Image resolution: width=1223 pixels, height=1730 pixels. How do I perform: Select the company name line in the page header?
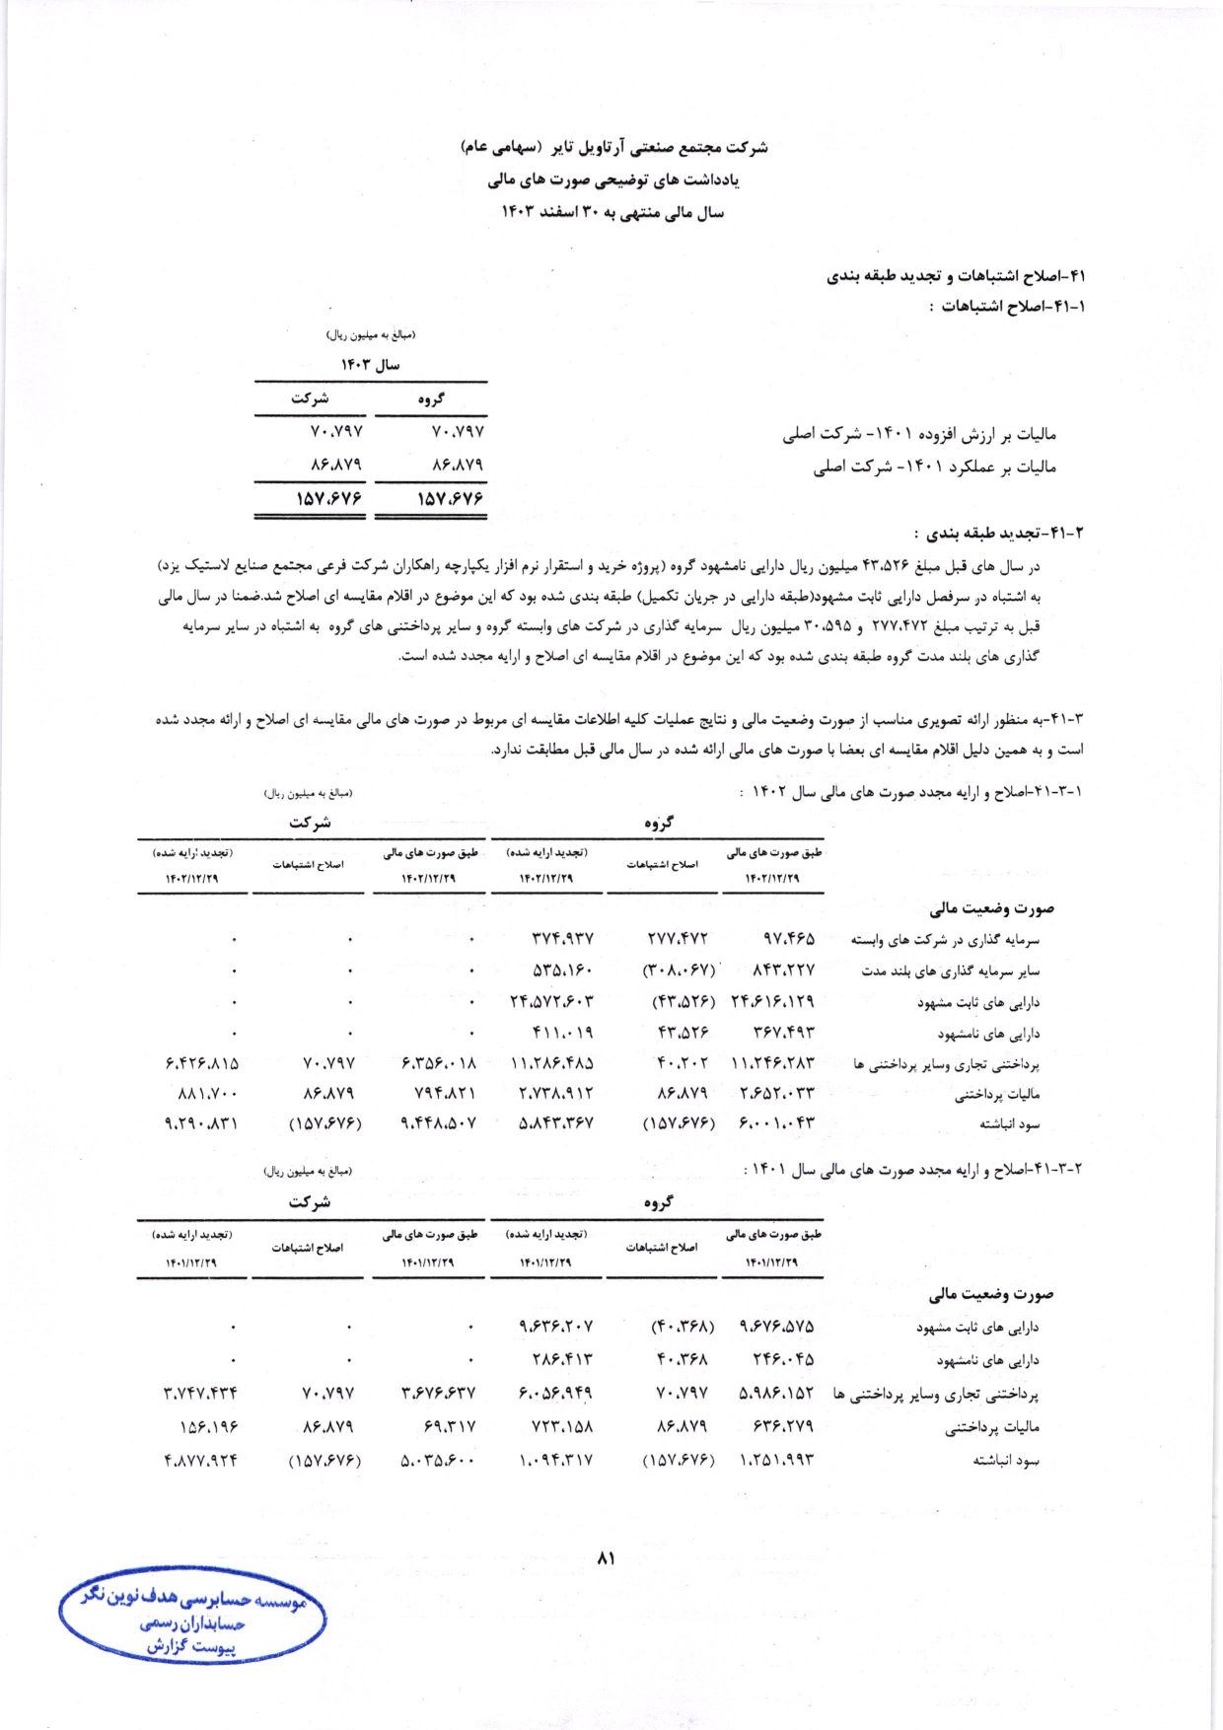613,148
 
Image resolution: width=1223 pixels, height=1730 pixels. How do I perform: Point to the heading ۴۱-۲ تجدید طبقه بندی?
998,533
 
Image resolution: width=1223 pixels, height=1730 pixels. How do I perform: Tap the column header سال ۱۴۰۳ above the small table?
371,365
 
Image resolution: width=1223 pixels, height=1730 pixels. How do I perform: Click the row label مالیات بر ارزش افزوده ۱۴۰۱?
919,434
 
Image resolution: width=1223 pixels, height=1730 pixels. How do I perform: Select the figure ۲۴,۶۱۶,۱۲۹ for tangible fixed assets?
772,1002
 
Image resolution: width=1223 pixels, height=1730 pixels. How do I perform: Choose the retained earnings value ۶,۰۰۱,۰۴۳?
777,1122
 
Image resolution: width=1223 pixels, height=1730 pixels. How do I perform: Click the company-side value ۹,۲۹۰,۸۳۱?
201,1122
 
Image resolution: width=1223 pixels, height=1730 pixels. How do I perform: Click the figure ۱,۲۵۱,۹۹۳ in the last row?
777,1460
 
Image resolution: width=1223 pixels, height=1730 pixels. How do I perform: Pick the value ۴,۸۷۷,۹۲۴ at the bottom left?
201,1460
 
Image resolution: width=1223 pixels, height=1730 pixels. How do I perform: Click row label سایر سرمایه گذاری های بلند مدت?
949,971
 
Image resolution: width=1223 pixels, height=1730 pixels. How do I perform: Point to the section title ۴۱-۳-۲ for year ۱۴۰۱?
912,1169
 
